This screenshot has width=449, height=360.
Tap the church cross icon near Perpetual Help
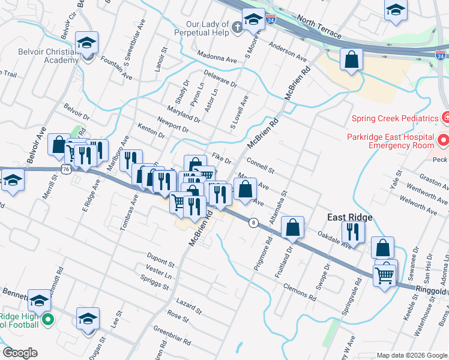click(238, 27)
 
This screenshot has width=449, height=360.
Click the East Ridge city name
click(351, 217)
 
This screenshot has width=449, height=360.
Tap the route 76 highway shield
click(65, 169)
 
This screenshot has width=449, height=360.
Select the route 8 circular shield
click(255, 223)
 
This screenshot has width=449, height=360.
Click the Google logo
click(19, 353)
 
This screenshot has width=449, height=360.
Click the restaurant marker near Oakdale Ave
click(353, 231)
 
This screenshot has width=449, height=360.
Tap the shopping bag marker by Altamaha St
click(292, 227)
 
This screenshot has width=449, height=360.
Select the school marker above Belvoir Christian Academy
click(86, 43)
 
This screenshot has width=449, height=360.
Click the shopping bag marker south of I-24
click(351, 59)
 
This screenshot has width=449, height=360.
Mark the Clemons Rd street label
click(299, 292)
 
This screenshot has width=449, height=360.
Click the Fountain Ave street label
click(116, 69)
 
